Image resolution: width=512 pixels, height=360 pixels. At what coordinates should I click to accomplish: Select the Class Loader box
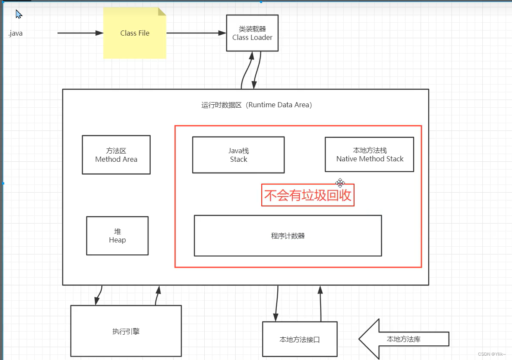coord(252,33)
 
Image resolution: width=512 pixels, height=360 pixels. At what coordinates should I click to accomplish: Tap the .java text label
coord(15,33)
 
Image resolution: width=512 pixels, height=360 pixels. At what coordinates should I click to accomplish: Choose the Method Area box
coord(116,155)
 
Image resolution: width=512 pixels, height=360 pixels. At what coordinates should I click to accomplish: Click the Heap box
coord(117,236)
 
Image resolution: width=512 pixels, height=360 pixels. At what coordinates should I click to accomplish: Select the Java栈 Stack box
coord(238,155)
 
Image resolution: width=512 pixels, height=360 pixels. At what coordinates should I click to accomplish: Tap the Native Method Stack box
coord(370,154)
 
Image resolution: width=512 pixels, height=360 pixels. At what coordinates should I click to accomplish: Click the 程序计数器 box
coord(288,236)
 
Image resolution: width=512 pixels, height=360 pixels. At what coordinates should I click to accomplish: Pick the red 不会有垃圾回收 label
coord(308,196)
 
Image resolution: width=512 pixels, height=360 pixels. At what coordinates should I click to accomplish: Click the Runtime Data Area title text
coord(257,105)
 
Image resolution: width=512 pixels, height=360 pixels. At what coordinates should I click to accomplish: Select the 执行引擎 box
coord(126,331)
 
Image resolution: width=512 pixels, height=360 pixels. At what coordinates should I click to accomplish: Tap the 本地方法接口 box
coord(300,339)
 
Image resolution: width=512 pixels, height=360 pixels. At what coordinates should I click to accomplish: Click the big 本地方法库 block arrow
coord(403,339)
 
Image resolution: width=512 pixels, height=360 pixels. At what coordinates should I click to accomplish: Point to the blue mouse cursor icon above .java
coord(18,14)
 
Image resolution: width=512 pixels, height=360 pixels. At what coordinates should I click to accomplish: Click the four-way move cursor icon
coord(340,183)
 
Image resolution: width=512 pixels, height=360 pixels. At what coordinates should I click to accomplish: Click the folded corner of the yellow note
coord(162,12)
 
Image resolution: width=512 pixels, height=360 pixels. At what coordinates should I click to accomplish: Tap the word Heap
coord(117,240)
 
